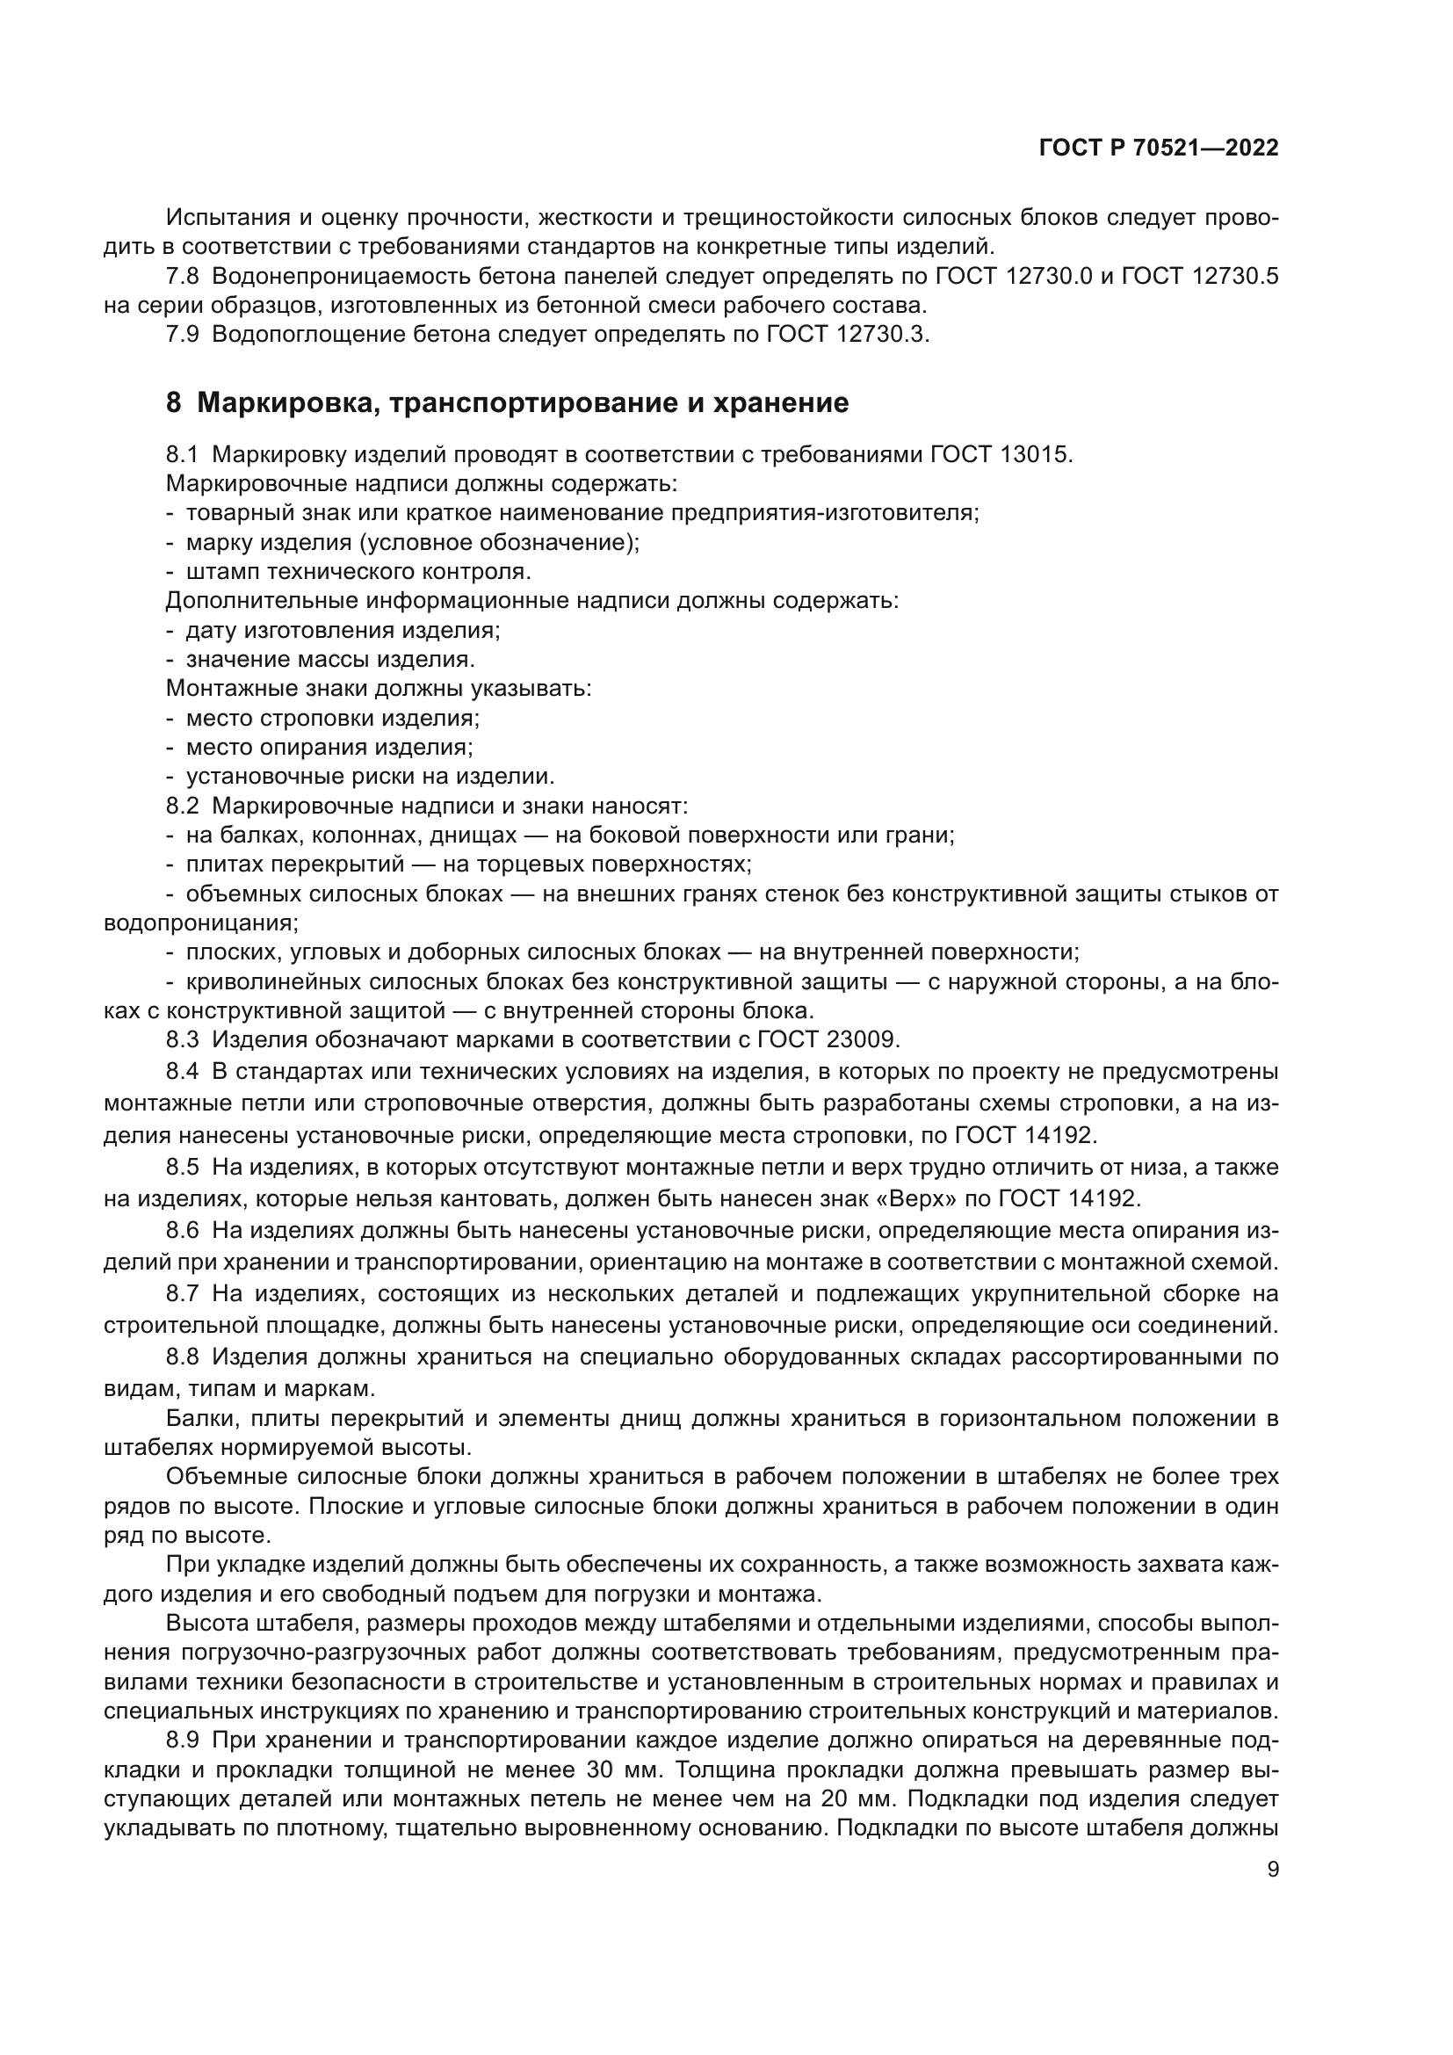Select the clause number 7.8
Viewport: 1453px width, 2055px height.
(x=182, y=277)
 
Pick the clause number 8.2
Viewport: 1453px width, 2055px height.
(x=182, y=807)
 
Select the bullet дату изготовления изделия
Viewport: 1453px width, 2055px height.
(x=343, y=631)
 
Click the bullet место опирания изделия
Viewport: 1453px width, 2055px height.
(x=329, y=748)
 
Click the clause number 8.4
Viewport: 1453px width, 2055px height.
(x=182, y=1071)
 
